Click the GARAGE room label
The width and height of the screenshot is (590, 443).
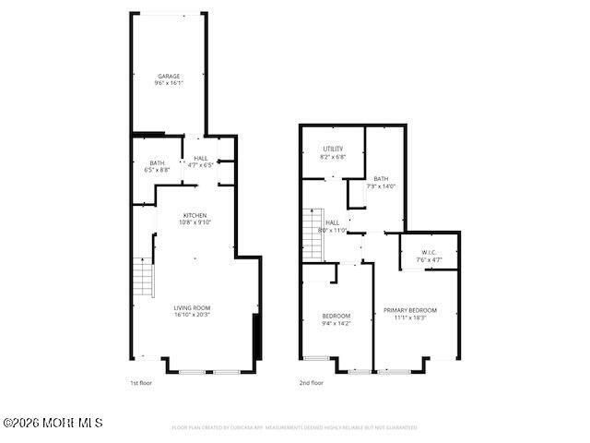coord(168,76)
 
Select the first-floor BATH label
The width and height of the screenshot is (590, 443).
coord(158,162)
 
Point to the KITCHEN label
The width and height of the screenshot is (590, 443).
coord(195,215)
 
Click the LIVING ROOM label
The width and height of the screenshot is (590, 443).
coord(193,307)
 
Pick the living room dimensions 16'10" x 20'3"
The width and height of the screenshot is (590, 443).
coord(193,315)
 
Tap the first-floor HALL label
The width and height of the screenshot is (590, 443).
coord(200,158)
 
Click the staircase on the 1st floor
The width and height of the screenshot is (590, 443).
coord(142,278)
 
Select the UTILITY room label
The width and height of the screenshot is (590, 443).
coord(333,149)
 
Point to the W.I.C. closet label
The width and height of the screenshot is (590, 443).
coord(429,252)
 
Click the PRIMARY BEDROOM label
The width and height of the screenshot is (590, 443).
coord(410,310)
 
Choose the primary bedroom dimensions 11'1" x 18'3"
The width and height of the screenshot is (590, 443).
coord(410,317)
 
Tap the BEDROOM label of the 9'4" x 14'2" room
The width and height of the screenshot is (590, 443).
coord(336,316)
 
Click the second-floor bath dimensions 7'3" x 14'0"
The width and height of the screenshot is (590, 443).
coord(381,186)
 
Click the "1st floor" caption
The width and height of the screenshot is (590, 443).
coord(140,382)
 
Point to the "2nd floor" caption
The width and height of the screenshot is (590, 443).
coord(311,382)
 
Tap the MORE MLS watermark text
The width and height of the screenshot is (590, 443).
coord(53,423)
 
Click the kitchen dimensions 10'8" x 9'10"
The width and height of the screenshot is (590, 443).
coord(195,222)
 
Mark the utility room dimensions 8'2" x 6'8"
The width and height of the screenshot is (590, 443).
coord(333,156)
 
